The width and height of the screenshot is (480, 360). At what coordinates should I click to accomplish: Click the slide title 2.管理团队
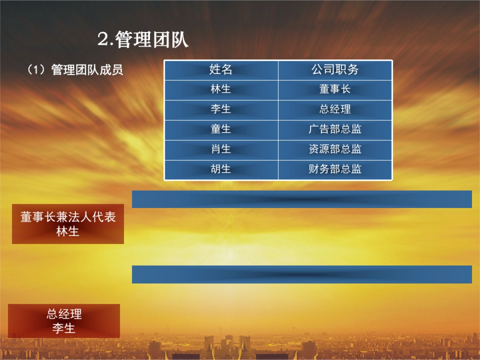(143, 40)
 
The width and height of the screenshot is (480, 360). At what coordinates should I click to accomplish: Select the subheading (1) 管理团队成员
(75, 70)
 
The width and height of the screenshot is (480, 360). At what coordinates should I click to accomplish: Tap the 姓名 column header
(221, 70)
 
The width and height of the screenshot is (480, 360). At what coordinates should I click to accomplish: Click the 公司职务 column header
(335, 70)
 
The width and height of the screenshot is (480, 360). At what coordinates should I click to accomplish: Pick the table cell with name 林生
(221, 89)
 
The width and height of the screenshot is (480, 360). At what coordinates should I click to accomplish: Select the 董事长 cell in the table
(335, 89)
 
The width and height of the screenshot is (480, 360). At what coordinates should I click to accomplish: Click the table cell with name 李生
(221, 109)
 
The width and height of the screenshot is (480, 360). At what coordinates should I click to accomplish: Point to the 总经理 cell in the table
(335, 109)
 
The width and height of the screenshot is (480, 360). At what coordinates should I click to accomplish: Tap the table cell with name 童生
(221, 129)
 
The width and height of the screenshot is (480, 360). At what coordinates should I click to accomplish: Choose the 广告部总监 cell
(335, 129)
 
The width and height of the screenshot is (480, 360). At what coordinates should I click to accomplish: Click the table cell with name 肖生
(221, 149)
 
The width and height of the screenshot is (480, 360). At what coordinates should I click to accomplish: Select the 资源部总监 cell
(335, 149)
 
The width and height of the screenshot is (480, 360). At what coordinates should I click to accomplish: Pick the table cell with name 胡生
(221, 169)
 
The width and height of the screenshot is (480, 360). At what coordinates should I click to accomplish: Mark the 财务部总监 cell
(335, 169)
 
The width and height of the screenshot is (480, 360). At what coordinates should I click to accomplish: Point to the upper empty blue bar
(302, 199)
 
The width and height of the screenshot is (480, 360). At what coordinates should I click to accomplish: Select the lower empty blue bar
(302, 274)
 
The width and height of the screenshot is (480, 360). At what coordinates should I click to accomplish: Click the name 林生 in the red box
(68, 231)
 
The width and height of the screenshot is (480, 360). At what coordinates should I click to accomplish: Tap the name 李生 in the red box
(64, 328)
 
